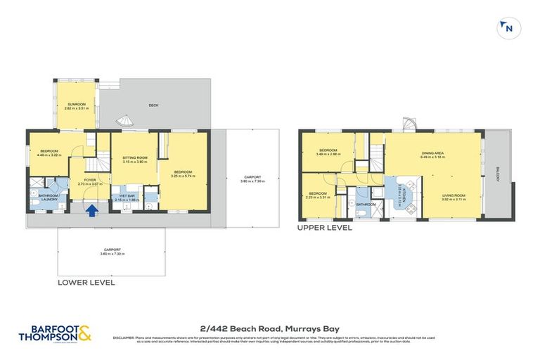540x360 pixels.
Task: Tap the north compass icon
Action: pyautogui.click(x=506, y=28)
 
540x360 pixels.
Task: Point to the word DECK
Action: pyautogui.click(x=153, y=105)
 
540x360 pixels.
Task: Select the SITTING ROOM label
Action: pyautogui.click(x=134, y=157)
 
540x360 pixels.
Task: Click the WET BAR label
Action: pyautogui.click(x=127, y=195)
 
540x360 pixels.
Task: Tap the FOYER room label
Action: pyautogui.click(x=89, y=179)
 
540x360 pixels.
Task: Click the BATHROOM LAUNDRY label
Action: pyautogui.click(x=48, y=198)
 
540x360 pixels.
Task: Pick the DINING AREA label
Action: pyautogui.click(x=432, y=153)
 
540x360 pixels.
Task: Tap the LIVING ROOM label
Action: pyautogui.click(x=454, y=195)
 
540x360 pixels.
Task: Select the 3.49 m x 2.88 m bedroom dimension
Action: pyautogui.click(x=328, y=154)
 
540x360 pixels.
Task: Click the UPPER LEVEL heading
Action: pyautogui.click(x=324, y=228)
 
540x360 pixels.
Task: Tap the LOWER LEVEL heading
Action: pyautogui.click(x=86, y=282)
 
